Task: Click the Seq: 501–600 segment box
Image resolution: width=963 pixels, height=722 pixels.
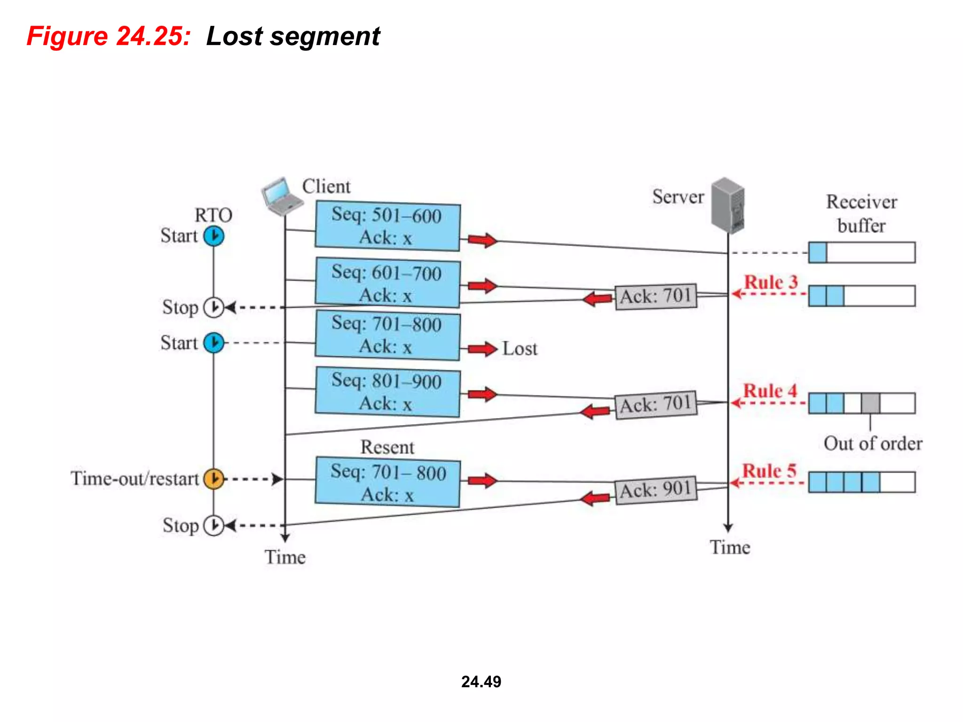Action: point(387,226)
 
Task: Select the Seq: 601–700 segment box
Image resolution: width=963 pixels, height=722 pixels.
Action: point(387,283)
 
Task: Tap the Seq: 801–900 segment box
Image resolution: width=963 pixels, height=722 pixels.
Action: point(387,392)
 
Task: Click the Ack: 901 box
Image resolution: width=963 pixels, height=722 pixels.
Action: point(655,489)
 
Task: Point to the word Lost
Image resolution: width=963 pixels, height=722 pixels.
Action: point(520,349)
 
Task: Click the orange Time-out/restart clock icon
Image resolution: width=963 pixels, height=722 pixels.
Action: point(213,479)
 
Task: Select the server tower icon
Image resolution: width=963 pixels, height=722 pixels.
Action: point(727,205)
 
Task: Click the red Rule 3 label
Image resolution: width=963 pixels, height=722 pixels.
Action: point(771,282)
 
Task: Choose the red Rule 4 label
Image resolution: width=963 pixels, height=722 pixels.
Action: point(770,391)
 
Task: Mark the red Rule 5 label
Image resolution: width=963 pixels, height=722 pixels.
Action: point(769,471)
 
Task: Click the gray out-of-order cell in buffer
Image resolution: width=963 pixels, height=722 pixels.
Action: point(870,403)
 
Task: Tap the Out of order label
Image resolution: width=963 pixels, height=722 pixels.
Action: point(873,443)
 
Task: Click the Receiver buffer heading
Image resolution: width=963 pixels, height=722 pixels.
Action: point(861,213)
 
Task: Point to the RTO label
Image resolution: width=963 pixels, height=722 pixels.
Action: point(213,215)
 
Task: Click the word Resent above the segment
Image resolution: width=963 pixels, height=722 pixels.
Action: point(387,447)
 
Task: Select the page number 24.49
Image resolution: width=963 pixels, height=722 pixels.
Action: point(481,682)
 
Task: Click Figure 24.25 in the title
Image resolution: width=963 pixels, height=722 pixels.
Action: point(109,36)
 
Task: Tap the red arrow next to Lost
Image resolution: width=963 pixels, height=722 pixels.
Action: point(482,349)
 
